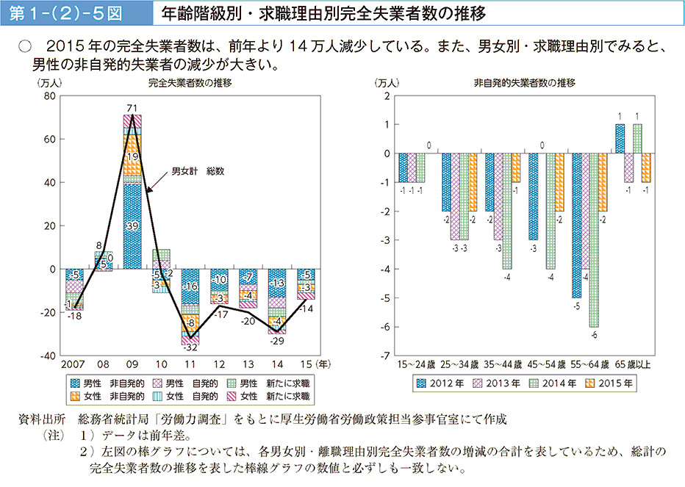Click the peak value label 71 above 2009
132,109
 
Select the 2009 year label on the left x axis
132,364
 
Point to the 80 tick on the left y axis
50,96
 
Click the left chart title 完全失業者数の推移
189,83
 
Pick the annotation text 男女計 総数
197,171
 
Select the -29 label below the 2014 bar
276,341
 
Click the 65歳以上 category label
633,364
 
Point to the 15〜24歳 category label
417,364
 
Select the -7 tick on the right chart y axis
385,356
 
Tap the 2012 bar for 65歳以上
620,139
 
